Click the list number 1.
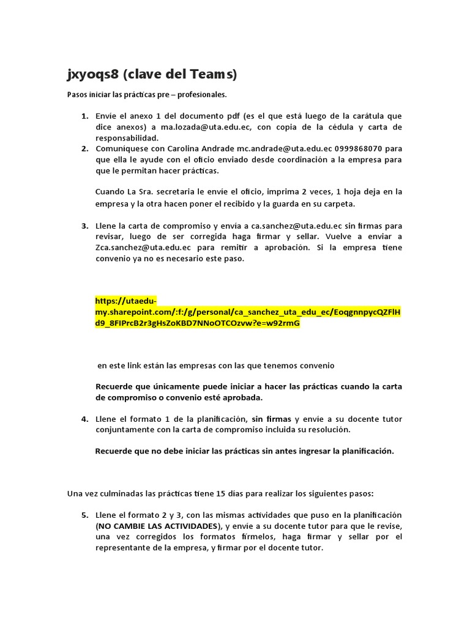pos(84,116)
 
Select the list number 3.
pos(84,226)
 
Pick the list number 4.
pos(84,419)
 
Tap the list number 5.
pos(84,515)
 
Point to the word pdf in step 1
pos(231,116)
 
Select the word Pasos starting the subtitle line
pos(77,95)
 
